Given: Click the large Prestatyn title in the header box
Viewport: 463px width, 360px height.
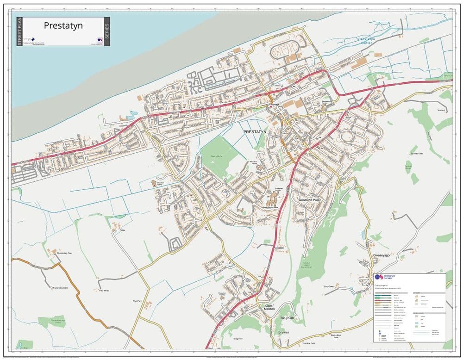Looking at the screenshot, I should (63, 26).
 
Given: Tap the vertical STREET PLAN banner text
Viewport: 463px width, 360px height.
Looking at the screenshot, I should (19, 31).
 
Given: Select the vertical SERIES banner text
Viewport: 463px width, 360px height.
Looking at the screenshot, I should (107, 31).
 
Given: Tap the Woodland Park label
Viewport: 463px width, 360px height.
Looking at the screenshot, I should (310, 199).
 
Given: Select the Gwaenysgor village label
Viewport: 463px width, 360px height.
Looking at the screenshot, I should (382, 255).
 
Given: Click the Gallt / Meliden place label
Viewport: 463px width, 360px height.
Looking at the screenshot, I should (270, 307).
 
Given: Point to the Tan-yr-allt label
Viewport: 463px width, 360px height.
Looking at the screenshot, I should (288, 318).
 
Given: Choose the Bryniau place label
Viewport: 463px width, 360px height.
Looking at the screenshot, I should (284, 332).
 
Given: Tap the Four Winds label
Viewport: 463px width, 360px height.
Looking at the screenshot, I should (104, 291).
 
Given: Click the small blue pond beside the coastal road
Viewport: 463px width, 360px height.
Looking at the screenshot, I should (133, 113).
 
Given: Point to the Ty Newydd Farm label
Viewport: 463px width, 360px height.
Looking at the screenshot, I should (416, 153).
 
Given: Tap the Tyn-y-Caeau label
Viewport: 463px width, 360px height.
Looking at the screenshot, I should (329, 286).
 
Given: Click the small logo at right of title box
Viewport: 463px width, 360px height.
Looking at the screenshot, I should (100, 40).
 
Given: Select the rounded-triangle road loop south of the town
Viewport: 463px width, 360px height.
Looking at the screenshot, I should (175, 242).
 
